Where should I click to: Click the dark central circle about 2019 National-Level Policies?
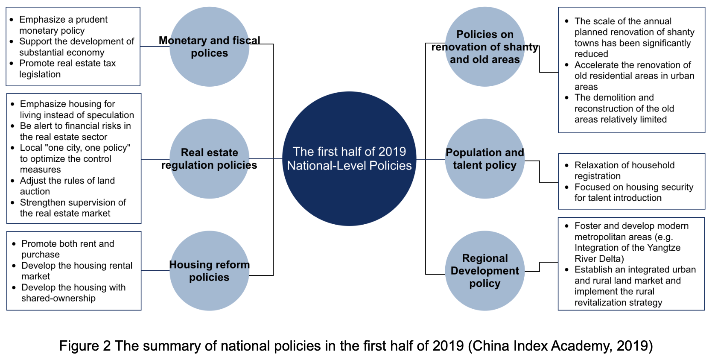tap(349, 158)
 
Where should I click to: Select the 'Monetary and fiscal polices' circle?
tap(209, 47)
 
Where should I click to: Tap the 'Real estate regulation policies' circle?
tap(209, 158)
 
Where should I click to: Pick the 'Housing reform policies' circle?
tap(209, 271)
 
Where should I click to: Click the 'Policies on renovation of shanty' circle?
tap(484, 47)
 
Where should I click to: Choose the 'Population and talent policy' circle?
tap(484, 158)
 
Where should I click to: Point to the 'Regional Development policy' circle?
tap(484, 271)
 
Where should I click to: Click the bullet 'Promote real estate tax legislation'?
tap(67, 69)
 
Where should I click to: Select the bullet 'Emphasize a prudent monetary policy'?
tap(63, 25)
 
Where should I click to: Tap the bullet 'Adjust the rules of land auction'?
tap(67, 186)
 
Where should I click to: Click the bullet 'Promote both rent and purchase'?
tap(67, 249)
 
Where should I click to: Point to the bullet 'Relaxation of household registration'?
tap(624, 170)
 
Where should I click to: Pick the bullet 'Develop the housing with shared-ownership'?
tap(73, 293)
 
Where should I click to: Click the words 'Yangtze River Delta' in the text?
tap(627, 253)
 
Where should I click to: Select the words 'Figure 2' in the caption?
tap(85, 345)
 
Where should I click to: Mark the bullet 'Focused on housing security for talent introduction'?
tap(633, 192)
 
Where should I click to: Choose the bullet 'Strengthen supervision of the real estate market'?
tap(73, 208)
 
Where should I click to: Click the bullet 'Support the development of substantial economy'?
tap(76, 47)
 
